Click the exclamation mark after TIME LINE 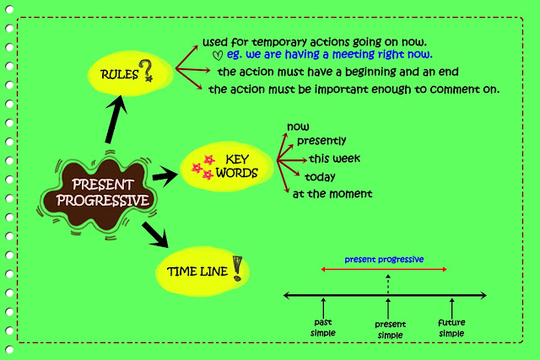tap(238, 269)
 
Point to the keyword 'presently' tap(321, 141)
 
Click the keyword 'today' tap(320, 177)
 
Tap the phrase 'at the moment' tap(332, 194)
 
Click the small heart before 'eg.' tap(218, 56)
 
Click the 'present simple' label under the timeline tap(389, 329)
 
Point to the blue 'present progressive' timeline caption tap(385, 259)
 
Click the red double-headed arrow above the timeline tap(384, 271)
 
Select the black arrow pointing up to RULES tap(116, 120)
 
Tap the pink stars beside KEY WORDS tap(202, 168)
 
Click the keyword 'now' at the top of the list tap(298, 127)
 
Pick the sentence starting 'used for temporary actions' tap(314, 41)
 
